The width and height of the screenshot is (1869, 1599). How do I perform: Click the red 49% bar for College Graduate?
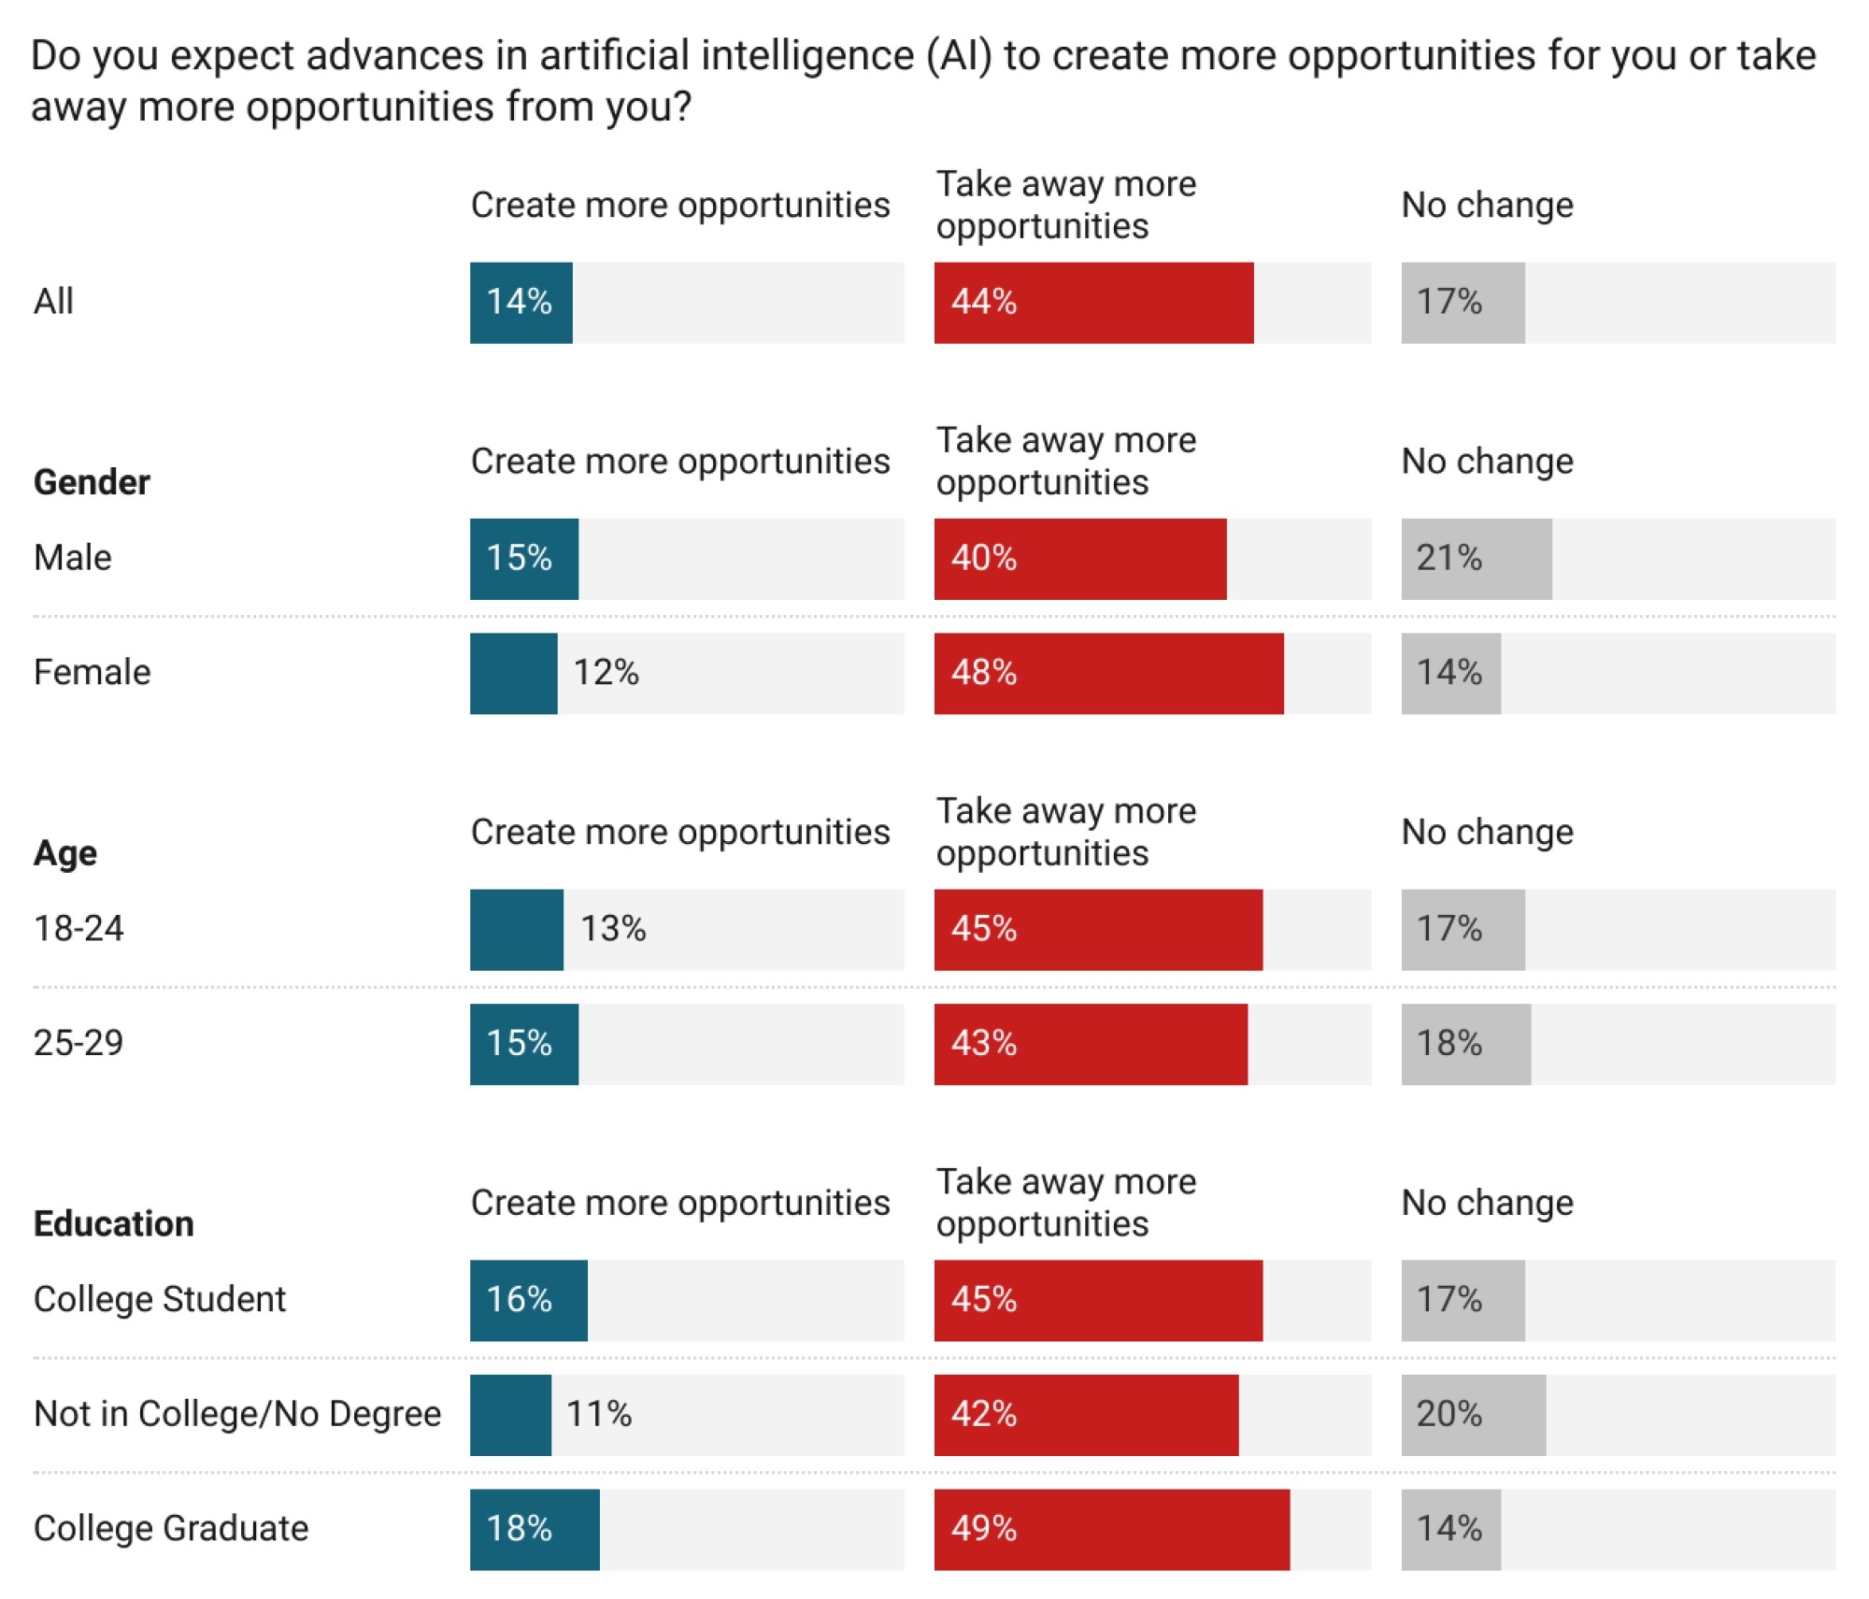point(1111,1529)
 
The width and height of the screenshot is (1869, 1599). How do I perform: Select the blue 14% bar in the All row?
point(521,303)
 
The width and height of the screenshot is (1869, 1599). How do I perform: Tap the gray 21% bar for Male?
point(1476,559)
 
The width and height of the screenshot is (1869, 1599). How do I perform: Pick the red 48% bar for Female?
point(1108,673)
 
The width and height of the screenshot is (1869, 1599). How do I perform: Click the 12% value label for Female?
point(606,673)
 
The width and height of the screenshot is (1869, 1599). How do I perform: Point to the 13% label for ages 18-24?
point(613,929)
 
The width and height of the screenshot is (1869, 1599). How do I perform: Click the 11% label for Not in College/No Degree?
point(599,1414)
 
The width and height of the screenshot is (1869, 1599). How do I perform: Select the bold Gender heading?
point(92,482)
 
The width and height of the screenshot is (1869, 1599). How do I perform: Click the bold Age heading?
point(65,853)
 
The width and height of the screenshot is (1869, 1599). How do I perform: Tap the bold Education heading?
point(114,1224)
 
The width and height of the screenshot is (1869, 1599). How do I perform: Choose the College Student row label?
point(160,1300)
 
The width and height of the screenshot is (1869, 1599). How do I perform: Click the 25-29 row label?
point(78,1043)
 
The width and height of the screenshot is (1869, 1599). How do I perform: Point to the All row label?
point(53,302)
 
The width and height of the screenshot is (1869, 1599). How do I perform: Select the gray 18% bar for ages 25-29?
point(1465,1044)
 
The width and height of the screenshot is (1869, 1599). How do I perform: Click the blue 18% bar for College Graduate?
point(535,1529)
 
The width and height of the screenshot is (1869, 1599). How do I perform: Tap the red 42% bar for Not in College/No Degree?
point(1086,1415)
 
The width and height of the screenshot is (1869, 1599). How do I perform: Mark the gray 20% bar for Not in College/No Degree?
point(1473,1415)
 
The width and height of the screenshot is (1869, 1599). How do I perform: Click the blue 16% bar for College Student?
point(528,1300)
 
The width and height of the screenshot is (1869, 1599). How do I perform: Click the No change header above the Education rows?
point(1487,1203)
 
